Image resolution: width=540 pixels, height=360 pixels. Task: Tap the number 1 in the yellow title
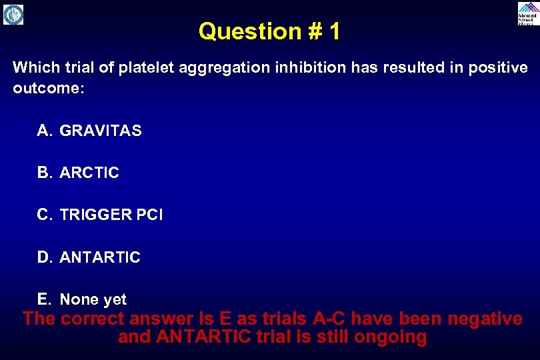tap(333, 31)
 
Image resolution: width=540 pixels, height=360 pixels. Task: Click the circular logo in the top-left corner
tap(13, 14)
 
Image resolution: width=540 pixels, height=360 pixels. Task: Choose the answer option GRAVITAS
tap(101, 131)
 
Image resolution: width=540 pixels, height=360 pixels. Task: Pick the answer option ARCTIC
tap(89, 173)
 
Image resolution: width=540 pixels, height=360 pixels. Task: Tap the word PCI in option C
tap(149, 215)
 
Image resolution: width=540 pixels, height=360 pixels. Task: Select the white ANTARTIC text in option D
tap(100, 257)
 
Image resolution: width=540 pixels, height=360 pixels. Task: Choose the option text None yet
tap(93, 300)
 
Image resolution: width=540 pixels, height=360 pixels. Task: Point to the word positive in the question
tap(494, 68)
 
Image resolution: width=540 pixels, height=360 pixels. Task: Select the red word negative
tap(485, 319)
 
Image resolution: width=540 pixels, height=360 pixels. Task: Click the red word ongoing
tap(390, 337)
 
